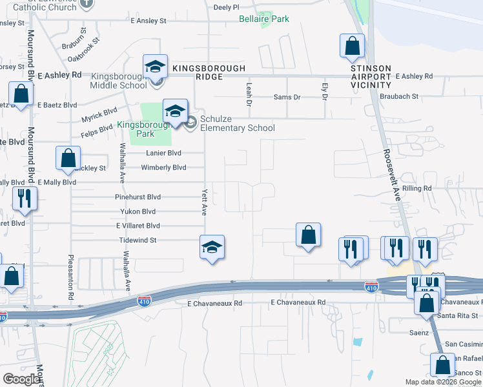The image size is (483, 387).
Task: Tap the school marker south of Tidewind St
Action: [212, 248]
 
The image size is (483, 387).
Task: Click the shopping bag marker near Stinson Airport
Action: [352, 46]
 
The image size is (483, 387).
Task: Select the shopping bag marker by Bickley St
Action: [68, 159]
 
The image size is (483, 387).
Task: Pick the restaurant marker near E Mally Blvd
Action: [25, 199]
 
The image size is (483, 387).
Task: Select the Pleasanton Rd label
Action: [70, 278]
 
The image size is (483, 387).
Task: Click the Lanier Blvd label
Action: [164, 153]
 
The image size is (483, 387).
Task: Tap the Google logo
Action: [21, 379]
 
